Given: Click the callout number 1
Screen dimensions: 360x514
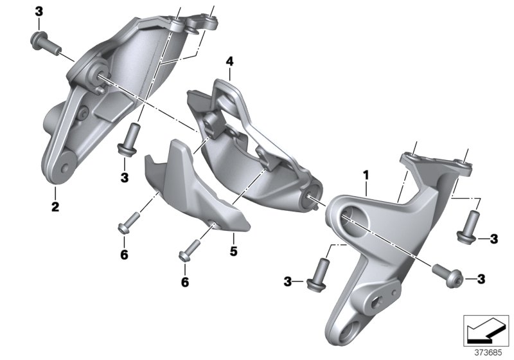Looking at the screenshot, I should click(366, 174).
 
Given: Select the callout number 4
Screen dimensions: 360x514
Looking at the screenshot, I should click(229, 62).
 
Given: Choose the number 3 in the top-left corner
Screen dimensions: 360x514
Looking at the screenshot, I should click(39, 11).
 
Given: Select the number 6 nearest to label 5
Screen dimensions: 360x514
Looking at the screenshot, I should click(184, 282).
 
